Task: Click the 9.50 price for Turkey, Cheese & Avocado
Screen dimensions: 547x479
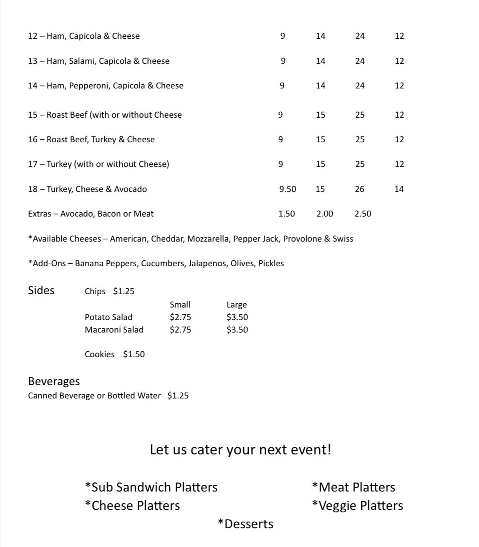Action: click(287, 189)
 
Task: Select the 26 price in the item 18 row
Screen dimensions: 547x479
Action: click(360, 189)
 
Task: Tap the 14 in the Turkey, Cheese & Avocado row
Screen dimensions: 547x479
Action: click(399, 189)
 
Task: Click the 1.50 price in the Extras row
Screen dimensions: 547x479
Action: click(287, 214)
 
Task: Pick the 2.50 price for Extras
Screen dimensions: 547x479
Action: click(363, 214)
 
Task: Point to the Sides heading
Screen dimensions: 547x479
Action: click(41, 290)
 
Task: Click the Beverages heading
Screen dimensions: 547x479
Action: click(54, 381)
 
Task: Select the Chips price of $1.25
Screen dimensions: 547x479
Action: click(124, 291)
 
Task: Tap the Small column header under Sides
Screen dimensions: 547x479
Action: click(180, 305)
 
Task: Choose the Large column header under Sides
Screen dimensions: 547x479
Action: click(237, 305)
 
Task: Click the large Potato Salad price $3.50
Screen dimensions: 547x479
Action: click(237, 317)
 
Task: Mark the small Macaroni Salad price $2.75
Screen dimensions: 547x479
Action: click(180, 330)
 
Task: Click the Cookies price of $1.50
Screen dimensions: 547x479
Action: click(134, 354)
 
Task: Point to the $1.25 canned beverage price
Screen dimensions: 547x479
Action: click(178, 396)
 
